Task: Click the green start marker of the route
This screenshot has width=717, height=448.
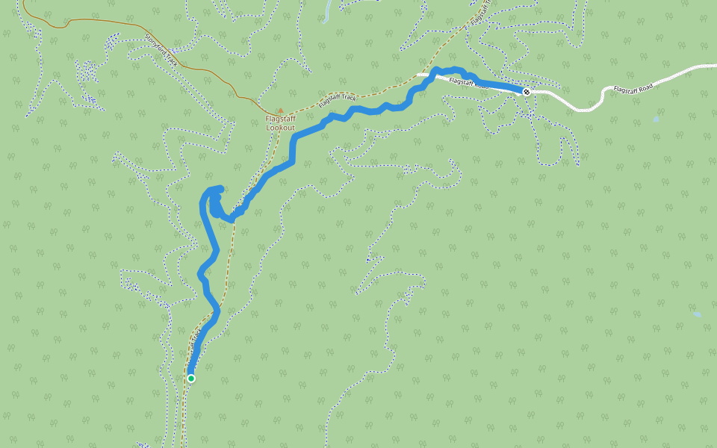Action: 191,379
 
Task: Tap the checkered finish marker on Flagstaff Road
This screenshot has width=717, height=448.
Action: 527,92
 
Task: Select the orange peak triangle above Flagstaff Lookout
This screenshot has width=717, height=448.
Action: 281,111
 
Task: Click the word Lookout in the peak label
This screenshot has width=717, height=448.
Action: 281,128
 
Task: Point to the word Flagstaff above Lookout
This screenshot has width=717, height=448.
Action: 281,119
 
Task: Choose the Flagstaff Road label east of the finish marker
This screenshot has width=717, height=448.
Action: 633,88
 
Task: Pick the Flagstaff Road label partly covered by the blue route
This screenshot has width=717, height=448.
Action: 468,82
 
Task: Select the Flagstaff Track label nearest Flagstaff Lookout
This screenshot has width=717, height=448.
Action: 336,97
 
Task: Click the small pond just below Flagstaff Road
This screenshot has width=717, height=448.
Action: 656,119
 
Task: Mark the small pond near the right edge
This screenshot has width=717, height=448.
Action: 697,314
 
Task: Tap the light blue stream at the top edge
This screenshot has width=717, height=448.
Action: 326,11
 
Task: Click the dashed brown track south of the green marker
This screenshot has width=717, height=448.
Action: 183,418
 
